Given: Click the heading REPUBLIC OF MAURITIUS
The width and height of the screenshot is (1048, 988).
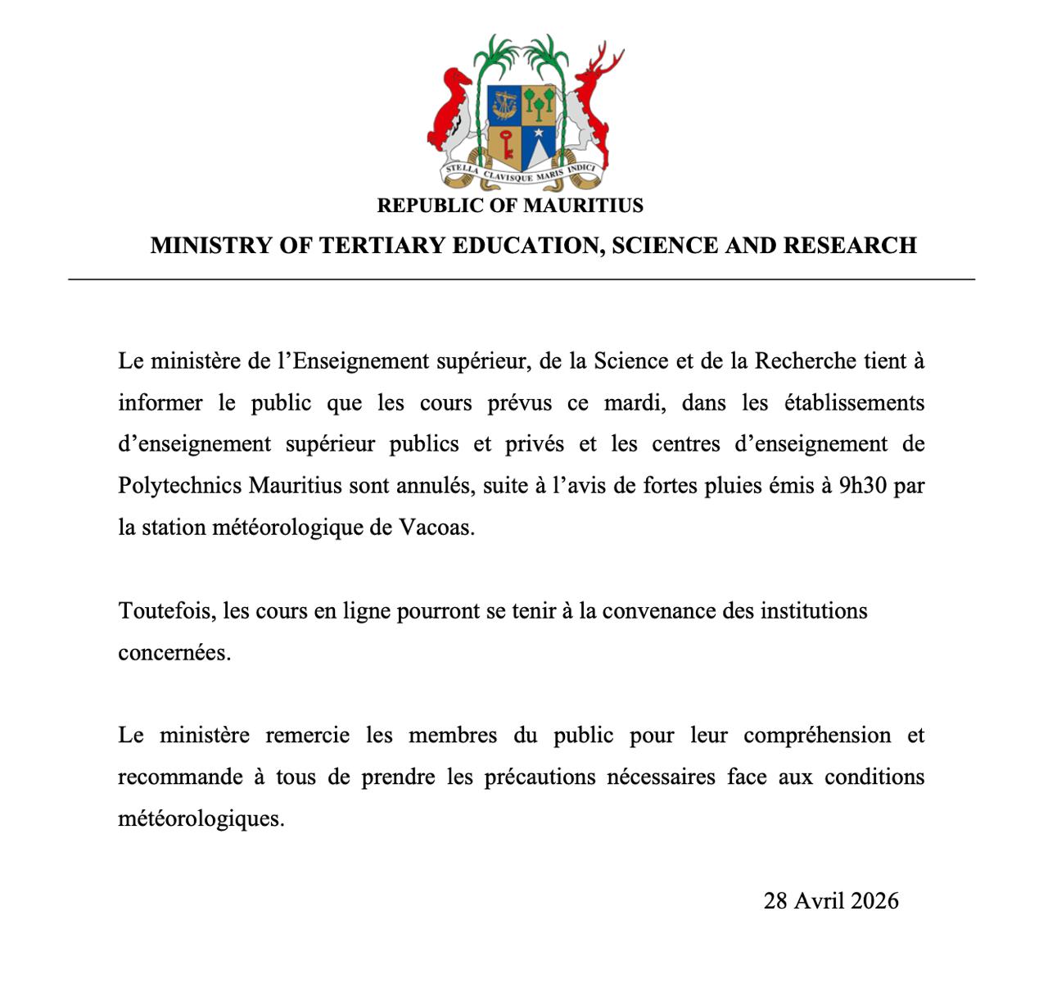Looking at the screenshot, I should [510, 206].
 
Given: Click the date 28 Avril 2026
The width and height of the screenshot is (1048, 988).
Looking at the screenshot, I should [831, 901].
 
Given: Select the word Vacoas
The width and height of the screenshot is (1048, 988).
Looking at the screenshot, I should [436, 528].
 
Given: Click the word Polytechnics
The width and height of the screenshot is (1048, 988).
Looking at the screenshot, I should [180, 486].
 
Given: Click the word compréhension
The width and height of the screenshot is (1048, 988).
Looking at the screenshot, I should [817, 736].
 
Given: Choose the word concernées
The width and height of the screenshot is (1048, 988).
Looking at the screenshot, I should [174, 653].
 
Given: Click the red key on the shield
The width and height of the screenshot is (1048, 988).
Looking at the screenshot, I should [506, 144].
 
